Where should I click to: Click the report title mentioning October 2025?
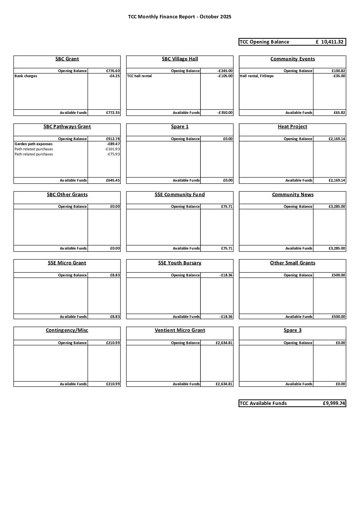click(180, 17)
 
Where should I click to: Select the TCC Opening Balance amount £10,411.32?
click(329, 42)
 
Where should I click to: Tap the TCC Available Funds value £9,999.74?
click(334, 404)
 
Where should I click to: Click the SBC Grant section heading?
click(67, 59)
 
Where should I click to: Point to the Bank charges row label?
click(26, 76)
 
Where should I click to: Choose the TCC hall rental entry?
click(140, 76)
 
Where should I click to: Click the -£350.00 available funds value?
click(225, 113)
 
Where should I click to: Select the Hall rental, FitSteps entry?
click(257, 76)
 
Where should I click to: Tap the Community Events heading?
click(293, 59)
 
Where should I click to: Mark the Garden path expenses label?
click(33, 144)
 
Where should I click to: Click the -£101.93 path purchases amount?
click(112, 149)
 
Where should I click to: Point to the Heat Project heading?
click(292, 127)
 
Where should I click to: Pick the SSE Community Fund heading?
click(180, 195)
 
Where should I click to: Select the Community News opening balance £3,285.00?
click(337, 207)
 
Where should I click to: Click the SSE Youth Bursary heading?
click(180, 263)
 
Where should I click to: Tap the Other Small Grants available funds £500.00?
click(338, 317)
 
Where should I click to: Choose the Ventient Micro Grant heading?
click(180, 330)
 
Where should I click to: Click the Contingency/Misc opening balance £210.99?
click(113, 343)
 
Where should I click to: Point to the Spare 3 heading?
click(292, 330)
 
